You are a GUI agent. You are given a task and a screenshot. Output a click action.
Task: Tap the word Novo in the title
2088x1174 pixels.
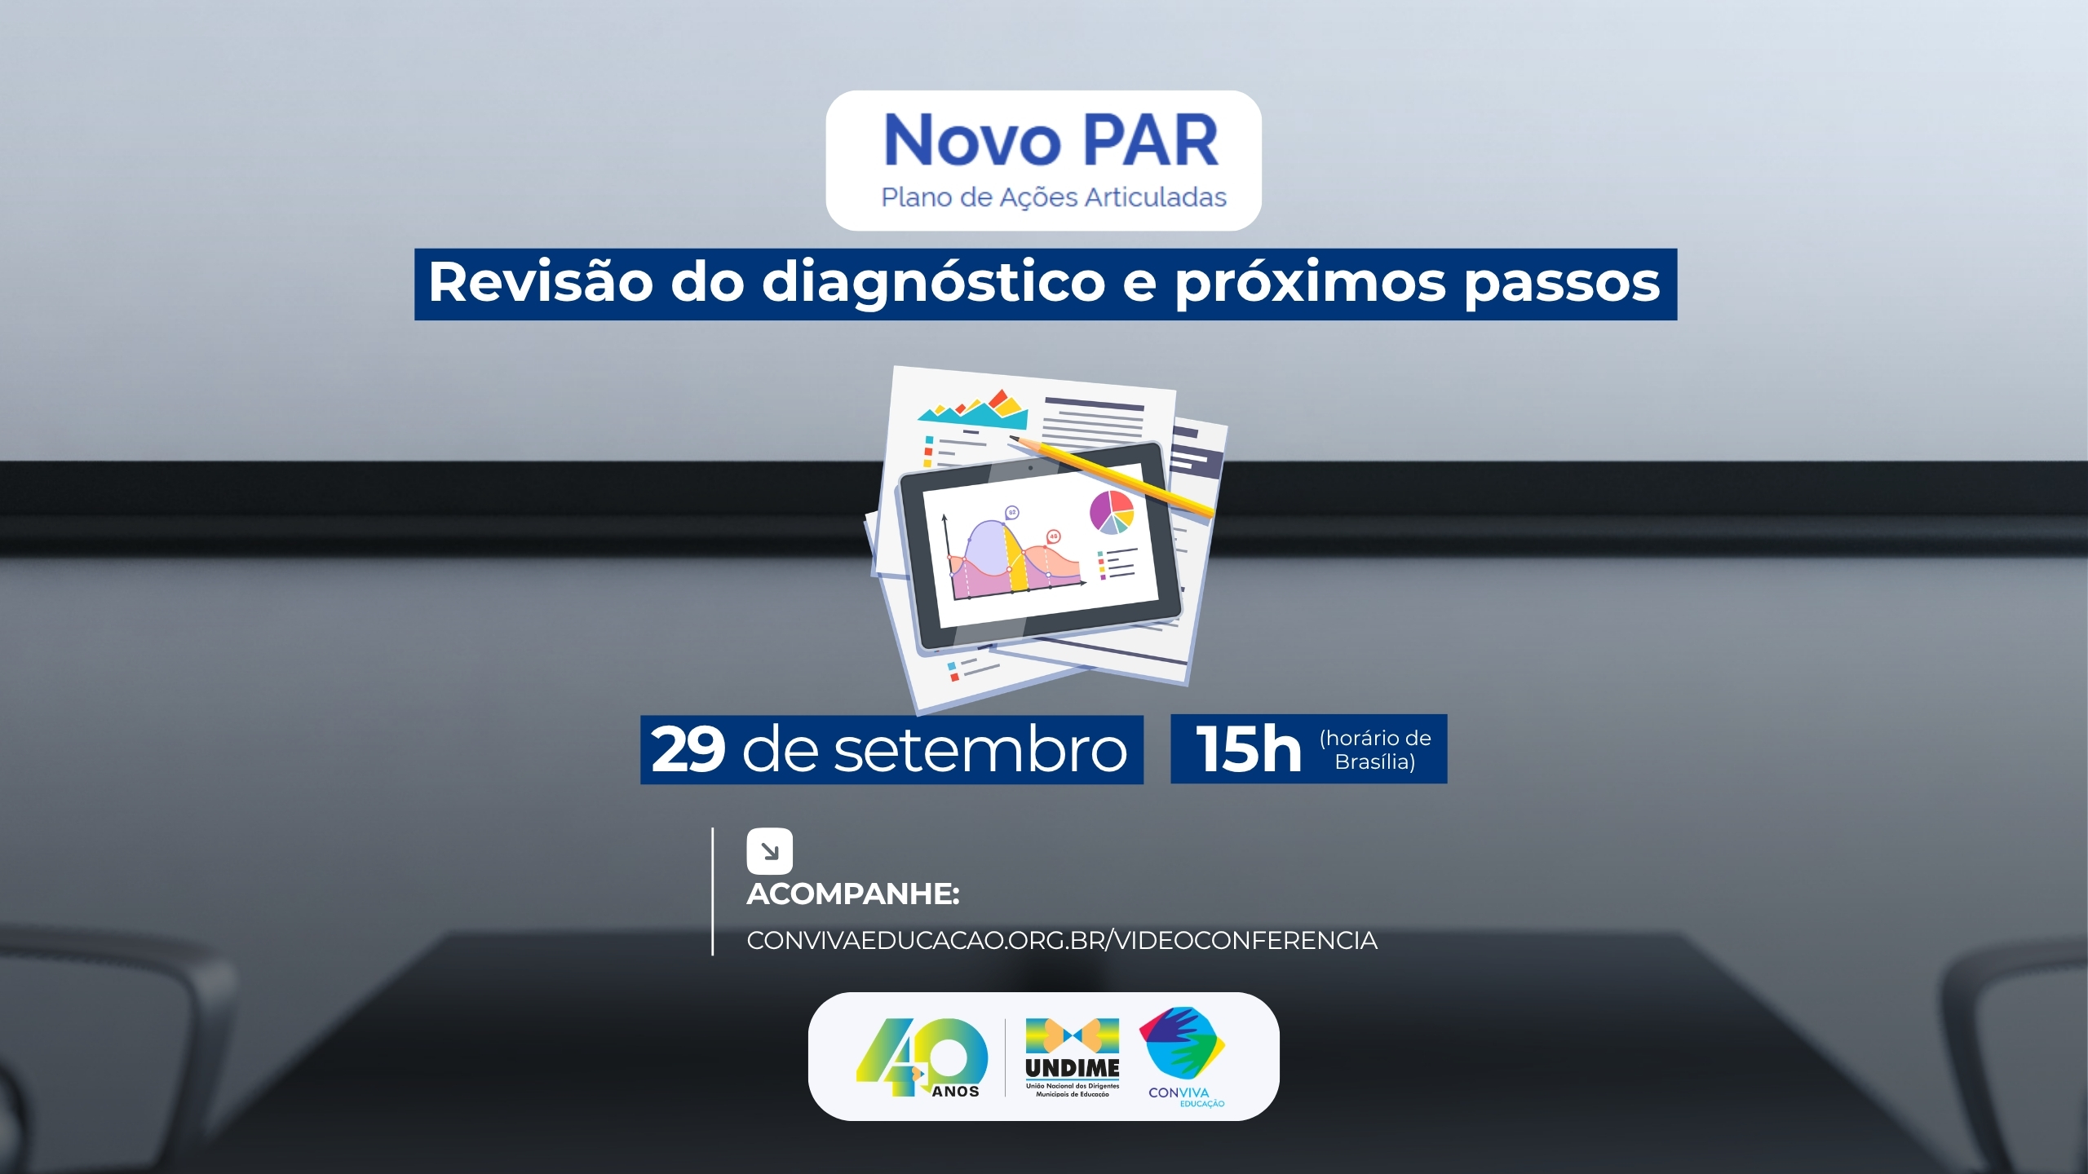click(x=972, y=140)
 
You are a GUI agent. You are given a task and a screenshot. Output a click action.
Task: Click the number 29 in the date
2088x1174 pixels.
click(x=688, y=749)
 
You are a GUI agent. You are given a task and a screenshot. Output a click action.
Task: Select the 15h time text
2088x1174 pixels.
click(x=1248, y=749)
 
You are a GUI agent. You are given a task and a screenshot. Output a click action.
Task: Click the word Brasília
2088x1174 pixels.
click(x=1375, y=761)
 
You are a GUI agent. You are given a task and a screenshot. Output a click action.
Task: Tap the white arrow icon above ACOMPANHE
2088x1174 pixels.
click(x=769, y=851)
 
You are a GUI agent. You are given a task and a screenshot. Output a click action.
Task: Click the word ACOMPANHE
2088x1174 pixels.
click(x=853, y=894)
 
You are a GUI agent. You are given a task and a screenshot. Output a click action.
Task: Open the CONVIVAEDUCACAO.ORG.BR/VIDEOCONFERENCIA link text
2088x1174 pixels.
click(x=1062, y=941)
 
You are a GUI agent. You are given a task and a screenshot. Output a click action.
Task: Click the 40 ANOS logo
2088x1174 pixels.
click(x=922, y=1057)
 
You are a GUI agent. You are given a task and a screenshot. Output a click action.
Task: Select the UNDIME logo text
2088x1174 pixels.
click(x=1073, y=1068)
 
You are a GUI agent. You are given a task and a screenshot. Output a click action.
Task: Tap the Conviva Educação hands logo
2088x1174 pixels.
click(x=1183, y=1044)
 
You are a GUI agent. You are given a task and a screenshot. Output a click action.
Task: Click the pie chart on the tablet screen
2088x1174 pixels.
click(x=1112, y=512)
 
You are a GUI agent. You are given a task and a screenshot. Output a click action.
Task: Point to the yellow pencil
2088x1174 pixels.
click(x=1111, y=476)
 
